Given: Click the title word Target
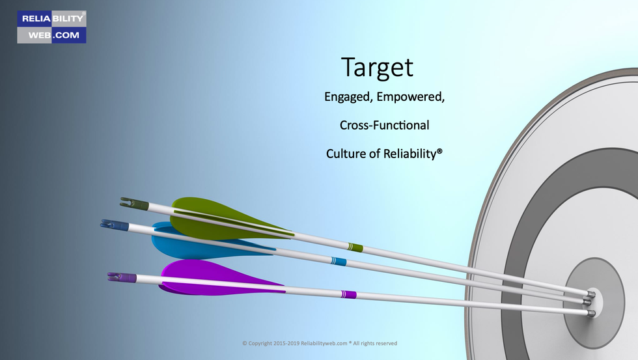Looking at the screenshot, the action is pos(377,68).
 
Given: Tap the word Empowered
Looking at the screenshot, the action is pos(411,97).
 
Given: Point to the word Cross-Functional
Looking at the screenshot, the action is pos(385,125).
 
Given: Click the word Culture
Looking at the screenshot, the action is pos(346,154).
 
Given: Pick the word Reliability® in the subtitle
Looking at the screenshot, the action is pos(413,154).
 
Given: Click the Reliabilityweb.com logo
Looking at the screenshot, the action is pos(51,27).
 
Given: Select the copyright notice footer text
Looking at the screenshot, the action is pos(320,343).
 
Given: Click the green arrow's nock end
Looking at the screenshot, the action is pos(133,203).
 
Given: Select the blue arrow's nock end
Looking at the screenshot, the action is pos(115,225).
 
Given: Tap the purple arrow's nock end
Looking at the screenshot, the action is pos(122,277).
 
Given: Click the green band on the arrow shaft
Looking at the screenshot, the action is pos(355,247).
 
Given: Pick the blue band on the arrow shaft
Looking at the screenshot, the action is pos(339,261).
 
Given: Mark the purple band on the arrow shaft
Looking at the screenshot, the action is pos(349,294).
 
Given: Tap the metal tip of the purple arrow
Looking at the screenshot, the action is pos(591,313).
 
